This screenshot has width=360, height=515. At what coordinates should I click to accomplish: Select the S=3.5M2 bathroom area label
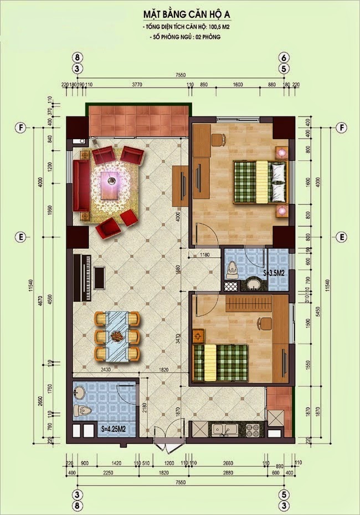coord(274,273)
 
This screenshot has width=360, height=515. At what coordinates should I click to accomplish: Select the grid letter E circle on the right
coord(342,237)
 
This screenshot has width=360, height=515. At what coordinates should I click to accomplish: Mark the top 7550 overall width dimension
coord(179,75)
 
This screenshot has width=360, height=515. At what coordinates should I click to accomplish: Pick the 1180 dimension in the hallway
coord(205,254)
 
